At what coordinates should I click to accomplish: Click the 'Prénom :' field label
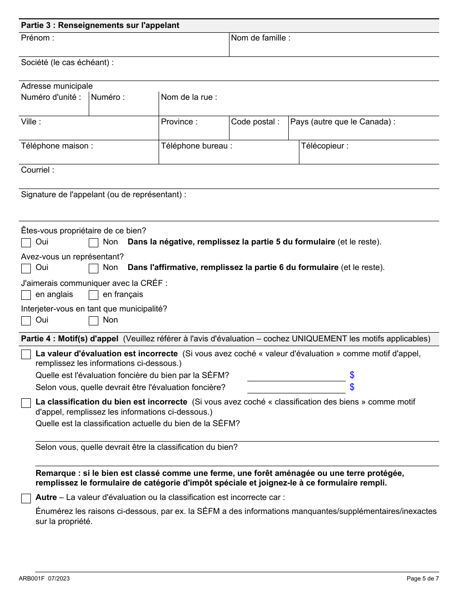tap(37, 38)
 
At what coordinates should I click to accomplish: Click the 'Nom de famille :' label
tap(260, 38)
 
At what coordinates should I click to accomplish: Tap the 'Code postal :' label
tap(255, 122)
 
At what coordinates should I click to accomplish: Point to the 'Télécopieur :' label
tap(324, 146)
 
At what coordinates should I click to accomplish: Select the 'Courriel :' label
tap(37, 170)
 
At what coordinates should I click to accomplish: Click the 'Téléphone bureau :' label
tap(196, 146)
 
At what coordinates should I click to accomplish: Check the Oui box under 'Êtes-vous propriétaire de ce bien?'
tap(26, 243)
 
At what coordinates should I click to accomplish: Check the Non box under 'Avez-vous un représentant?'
tap(94, 268)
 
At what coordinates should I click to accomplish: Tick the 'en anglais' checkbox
tap(26, 295)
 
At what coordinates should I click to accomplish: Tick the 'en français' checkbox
tap(94, 295)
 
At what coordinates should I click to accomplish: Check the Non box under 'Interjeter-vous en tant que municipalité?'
tap(94, 321)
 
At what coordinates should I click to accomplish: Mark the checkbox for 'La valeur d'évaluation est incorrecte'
tap(26, 355)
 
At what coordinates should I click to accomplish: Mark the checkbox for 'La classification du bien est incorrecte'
tap(26, 403)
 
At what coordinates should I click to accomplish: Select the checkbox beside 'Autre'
tap(26, 499)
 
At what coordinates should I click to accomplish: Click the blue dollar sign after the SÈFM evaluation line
tap(352, 375)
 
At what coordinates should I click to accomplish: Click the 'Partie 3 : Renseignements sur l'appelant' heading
tap(100, 26)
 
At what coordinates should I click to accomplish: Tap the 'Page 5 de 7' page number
tap(422, 579)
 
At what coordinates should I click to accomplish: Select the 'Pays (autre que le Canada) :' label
tap(342, 122)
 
